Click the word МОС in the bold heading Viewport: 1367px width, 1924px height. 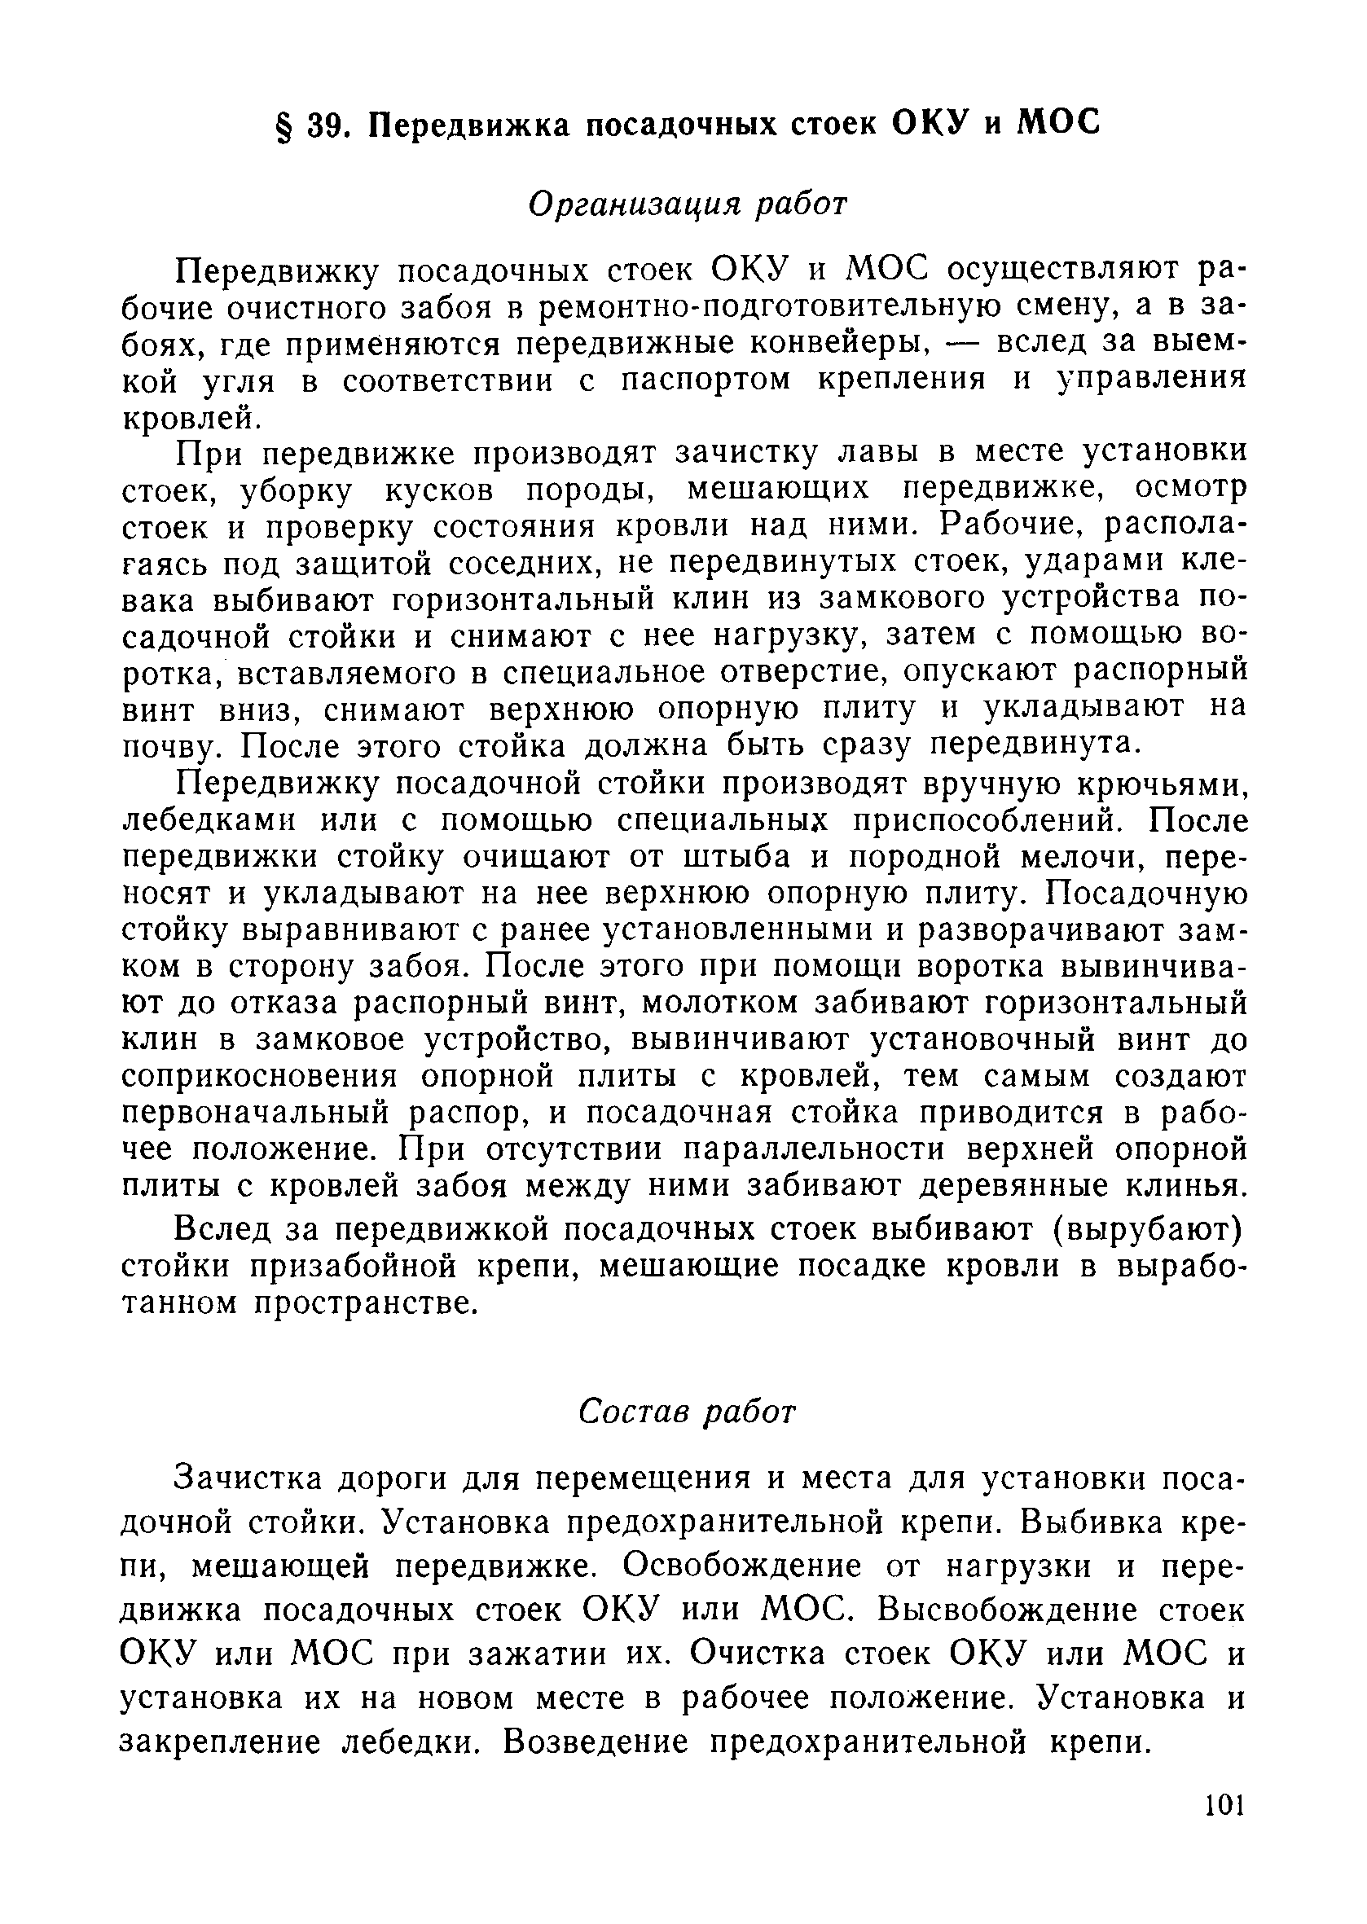1059,124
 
